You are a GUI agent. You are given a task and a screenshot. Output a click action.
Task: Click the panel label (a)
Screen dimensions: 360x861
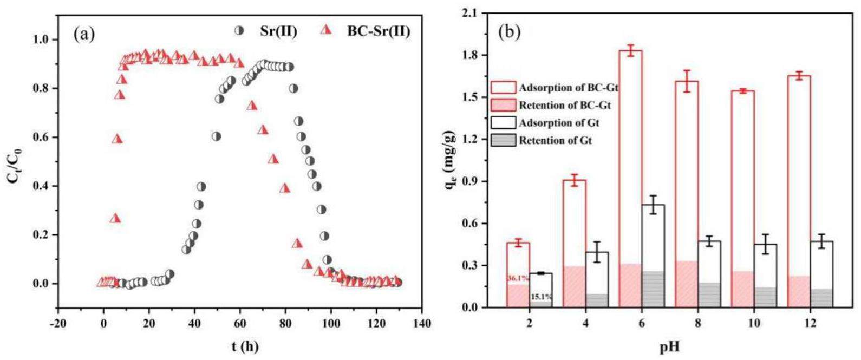pyautogui.click(x=84, y=34)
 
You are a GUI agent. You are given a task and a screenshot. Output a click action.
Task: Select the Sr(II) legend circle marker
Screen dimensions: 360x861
pyautogui.click(x=239, y=30)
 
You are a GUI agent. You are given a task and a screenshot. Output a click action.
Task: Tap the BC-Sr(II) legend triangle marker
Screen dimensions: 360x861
pyautogui.click(x=325, y=30)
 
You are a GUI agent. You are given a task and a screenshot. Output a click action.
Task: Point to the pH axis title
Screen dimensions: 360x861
pyautogui.click(x=668, y=346)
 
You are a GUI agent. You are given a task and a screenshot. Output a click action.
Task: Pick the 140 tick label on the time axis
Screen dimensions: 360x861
pyautogui.click(x=422, y=324)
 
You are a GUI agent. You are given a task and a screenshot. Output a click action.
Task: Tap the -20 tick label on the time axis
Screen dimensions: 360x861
pyautogui.click(x=57, y=324)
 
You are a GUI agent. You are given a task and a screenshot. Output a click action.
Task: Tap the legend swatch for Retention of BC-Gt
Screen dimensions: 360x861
pyautogui.click(x=503, y=105)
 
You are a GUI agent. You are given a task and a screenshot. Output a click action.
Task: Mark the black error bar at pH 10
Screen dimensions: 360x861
pyautogui.click(x=765, y=244)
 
